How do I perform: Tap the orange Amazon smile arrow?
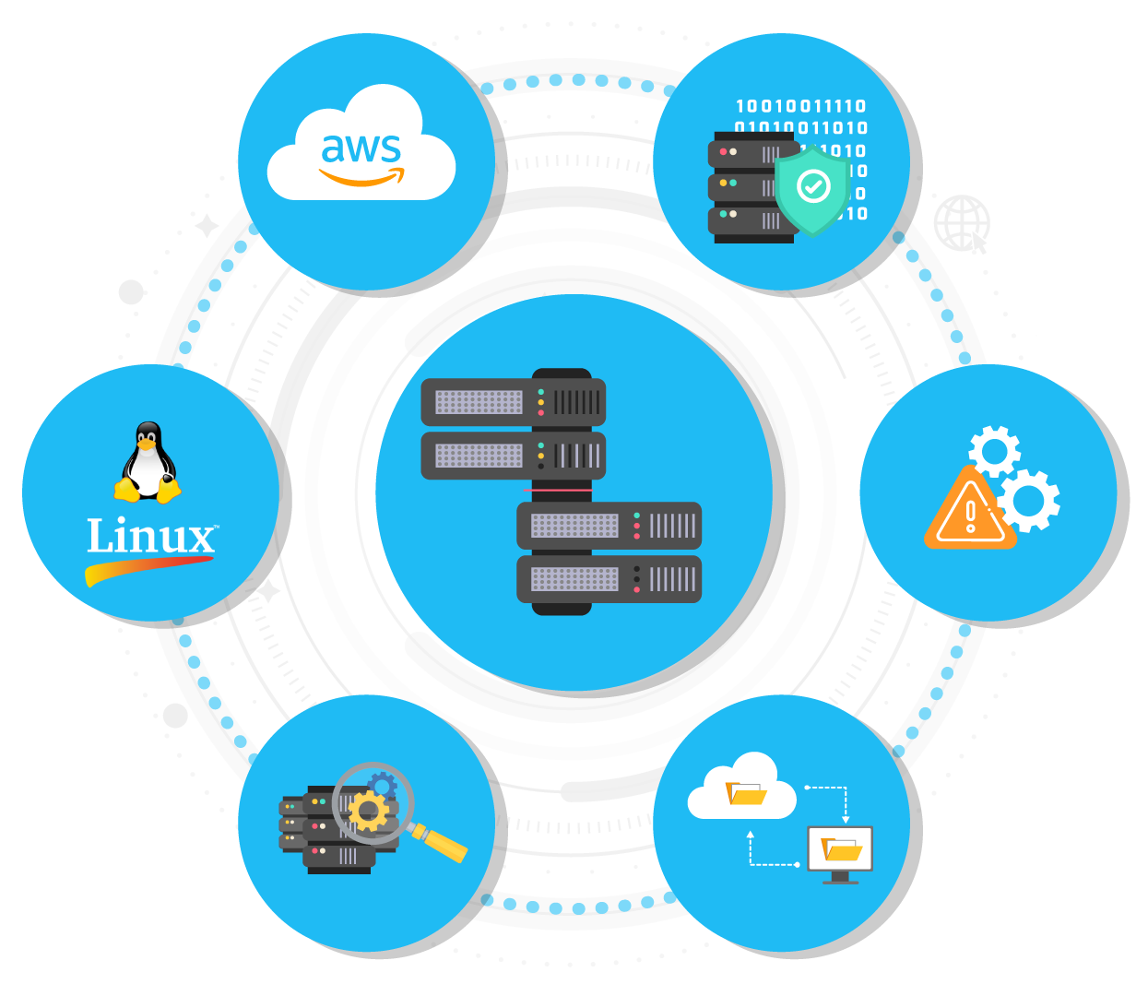pyautogui.click(x=362, y=179)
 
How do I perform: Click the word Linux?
pyautogui.click(x=150, y=537)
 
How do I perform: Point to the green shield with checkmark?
pyautogui.click(x=811, y=189)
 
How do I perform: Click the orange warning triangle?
pyautogui.click(x=968, y=512)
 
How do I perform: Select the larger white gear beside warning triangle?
pyautogui.click(x=1028, y=500)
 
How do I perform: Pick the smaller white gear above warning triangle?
pyautogui.click(x=994, y=451)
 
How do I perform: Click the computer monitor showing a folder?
pyautogui.click(x=839, y=850)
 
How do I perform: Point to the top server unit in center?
pyautogui.click(x=514, y=402)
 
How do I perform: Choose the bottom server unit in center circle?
pyautogui.click(x=609, y=579)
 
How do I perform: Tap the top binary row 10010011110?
pyautogui.click(x=800, y=106)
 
